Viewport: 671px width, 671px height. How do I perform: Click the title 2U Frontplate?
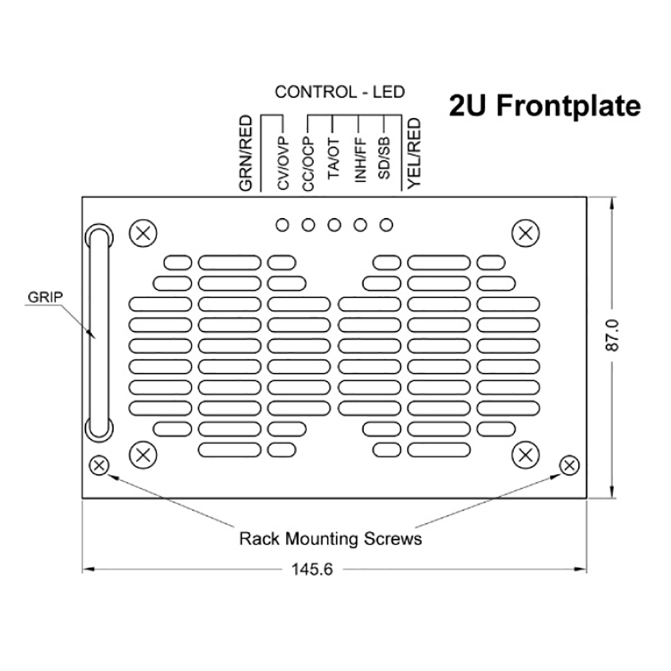coord(544,106)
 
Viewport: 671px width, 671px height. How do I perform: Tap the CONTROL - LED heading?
coord(339,92)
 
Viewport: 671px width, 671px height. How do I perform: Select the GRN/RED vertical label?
coord(245,153)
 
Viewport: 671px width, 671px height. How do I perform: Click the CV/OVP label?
coord(284,164)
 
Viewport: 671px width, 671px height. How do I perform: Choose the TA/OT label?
coord(334,159)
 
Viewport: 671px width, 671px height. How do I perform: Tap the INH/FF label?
coord(360,162)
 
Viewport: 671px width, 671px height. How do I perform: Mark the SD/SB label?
coord(385,161)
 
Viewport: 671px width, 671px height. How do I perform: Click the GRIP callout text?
coord(45,296)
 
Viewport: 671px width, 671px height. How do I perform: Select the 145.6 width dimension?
coord(312,569)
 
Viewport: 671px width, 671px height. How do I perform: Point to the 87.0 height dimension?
coord(612,335)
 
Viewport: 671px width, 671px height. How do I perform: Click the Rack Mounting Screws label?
coord(330,538)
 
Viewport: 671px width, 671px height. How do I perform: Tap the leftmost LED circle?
coord(282,225)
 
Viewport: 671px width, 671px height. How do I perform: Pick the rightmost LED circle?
coord(386,225)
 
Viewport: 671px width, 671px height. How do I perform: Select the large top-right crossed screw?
coord(526,234)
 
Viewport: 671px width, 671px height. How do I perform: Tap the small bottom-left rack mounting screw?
coord(99,466)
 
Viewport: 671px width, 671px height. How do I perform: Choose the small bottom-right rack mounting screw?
coord(569,466)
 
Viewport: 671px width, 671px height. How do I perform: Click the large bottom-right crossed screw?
coord(526,455)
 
